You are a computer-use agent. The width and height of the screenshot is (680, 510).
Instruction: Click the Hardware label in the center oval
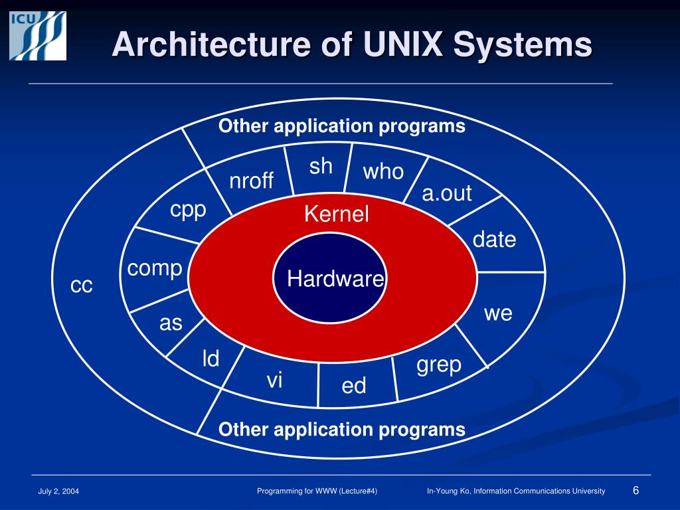pyautogui.click(x=335, y=279)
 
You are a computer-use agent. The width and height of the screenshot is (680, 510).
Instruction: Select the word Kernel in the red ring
pyautogui.click(x=336, y=214)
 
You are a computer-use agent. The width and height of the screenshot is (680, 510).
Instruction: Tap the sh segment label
pyautogui.click(x=321, y=166)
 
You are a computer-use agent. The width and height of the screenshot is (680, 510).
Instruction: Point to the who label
pyautogui.click(x=383, y=172)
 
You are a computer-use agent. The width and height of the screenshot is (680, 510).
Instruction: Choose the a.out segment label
pyautogui.click(x=446, y=193)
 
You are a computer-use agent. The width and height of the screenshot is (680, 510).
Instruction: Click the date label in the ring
pyautogui.click(x=494, y=240)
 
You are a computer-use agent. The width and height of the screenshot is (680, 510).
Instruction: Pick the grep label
pyautogui.click(x=439, y=365)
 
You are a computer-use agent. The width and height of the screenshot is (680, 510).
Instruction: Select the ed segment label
pyautogui.click(x=354, y=385)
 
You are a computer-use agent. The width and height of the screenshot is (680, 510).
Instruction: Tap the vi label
pyautogui.click(x=274, y=381)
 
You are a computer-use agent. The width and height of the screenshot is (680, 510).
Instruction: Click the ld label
pyautogui.click(x=211, y=359)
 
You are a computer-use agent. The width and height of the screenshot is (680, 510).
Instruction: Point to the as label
pyautogui.click(x=171, y=323)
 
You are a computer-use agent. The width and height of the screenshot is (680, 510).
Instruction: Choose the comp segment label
pyautogui.click(x=155, y=269)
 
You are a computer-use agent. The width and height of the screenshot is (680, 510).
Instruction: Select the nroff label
pyautogui.click(x=251, y=181)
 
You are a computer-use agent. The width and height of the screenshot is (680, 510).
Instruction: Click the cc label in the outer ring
pyautogui.click(x=82, y=286)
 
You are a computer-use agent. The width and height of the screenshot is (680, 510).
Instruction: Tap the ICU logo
pyautogui.click(x=38, y=36)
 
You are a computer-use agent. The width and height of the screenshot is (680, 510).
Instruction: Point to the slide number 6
pyautogui.click(x=636, y=490)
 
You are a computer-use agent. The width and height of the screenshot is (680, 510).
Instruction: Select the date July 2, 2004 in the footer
pyautogui.click(x=58, y=491)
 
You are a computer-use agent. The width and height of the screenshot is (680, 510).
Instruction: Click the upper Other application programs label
pyautogui.click(x=342, y=126)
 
